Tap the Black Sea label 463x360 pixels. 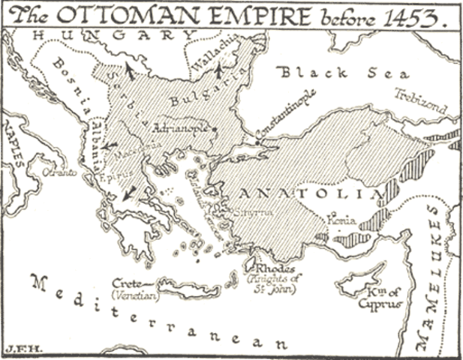click(x=344, y=73)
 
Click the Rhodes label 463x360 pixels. click(x=273, y=269)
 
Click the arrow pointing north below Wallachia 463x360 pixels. click(x=219, y=73)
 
